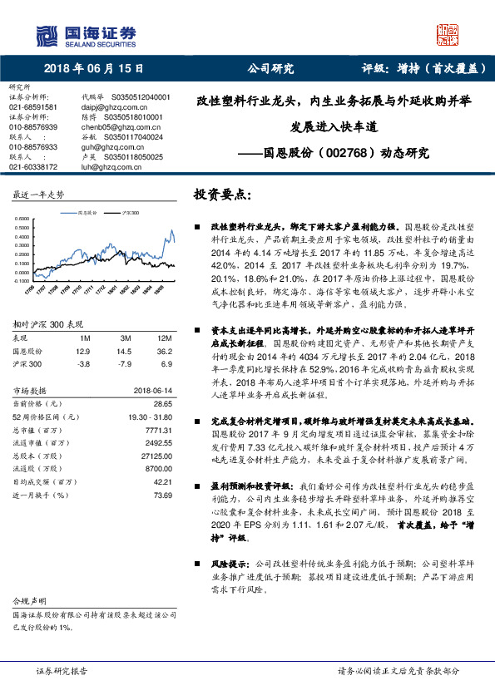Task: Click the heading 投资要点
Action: pos(220,195)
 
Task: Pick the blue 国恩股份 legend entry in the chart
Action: pos(87,214)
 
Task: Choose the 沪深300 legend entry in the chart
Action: pos(126,214)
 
